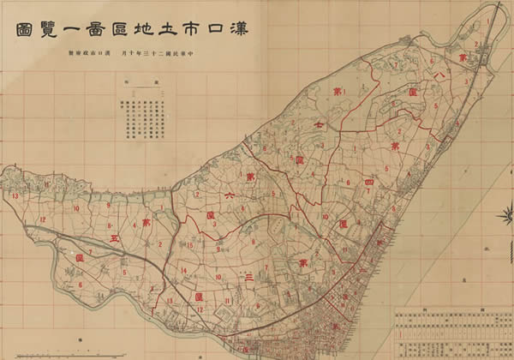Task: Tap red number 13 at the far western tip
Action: (15, 197)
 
